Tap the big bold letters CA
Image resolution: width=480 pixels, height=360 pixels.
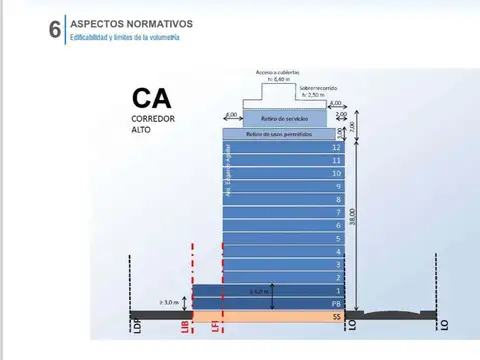tap(151, 99)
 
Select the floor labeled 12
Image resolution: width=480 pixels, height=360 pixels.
tap(336, 147)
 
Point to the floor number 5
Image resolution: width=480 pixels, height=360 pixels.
tap(337, 238)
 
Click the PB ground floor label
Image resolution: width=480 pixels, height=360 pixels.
tap(336, 302)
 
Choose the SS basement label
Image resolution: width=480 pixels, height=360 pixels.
tap(337, 316)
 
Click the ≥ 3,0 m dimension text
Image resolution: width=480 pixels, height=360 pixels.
tap(170, 299)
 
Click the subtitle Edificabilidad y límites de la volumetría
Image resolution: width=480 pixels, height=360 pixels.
tap(125, 37)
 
